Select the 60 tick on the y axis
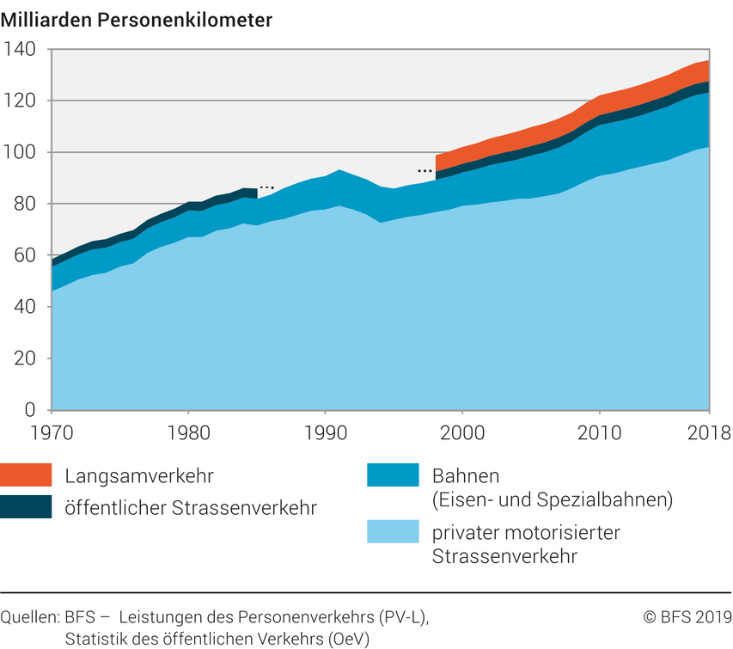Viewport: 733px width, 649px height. (24, 255)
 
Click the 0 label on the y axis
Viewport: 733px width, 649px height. (31, 410)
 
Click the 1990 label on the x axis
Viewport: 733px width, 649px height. (326, 429)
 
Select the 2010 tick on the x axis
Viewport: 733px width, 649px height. (600, 429)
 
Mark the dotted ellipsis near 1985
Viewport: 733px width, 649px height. (266, 187)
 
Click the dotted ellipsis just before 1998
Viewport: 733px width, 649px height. (425, 170)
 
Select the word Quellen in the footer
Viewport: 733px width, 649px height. (28, 617)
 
